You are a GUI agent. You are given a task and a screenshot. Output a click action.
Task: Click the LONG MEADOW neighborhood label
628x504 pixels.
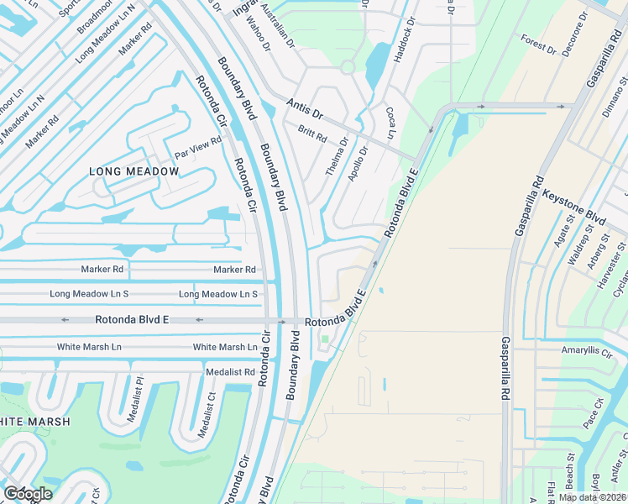click(134, 171)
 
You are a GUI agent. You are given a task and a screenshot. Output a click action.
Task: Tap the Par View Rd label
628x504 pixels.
click(197, 148)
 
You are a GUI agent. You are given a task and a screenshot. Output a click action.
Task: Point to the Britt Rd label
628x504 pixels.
click(311, 134)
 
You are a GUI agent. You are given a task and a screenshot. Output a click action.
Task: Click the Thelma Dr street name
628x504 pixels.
click(337, 157)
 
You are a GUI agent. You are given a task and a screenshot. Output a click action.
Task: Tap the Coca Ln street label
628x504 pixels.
click(390, 123)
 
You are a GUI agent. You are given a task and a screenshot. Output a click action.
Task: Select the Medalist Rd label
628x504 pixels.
click(229, 371)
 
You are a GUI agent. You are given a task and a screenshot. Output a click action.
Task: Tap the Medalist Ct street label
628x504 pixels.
click(207, 414)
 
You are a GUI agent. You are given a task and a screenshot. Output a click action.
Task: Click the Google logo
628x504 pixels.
click(28, 494)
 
